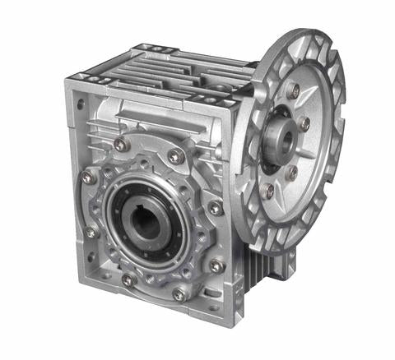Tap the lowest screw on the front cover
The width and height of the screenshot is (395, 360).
179,293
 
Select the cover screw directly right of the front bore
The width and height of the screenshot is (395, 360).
215,209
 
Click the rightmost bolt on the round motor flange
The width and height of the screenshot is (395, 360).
304,123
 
